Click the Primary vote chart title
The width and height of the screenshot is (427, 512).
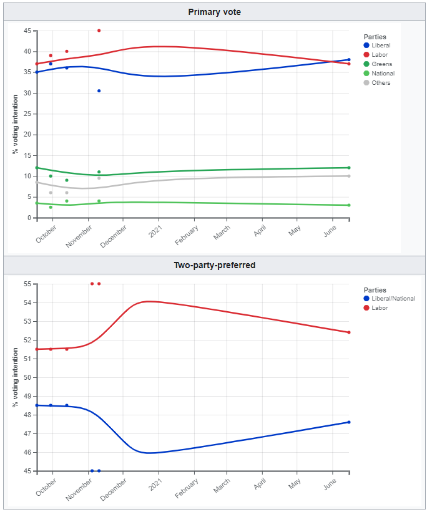[215, 12]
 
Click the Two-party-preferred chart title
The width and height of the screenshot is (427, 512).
[215, 265]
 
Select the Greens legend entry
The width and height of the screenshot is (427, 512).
[381, 64]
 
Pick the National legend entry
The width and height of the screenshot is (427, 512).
[383, 74]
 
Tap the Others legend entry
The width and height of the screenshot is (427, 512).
[381, 82]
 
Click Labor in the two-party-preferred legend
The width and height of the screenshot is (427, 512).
[380, 308]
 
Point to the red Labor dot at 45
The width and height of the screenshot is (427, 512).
[99, 31]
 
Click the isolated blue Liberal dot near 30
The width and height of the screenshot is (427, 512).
[99, 91]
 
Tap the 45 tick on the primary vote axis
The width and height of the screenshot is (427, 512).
[27, 31]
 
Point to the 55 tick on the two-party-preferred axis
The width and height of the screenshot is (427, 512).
[27, 284]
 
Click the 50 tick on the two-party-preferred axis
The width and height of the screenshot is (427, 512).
[27, 377]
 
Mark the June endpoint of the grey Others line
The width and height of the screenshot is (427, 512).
[348, 176]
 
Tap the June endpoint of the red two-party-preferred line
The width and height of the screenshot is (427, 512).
[348, 332]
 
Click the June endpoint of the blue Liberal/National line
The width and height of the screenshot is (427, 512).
[348, 422]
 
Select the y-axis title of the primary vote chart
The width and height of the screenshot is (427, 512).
[14, 124]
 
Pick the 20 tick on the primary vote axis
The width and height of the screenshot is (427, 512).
[27, 135]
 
